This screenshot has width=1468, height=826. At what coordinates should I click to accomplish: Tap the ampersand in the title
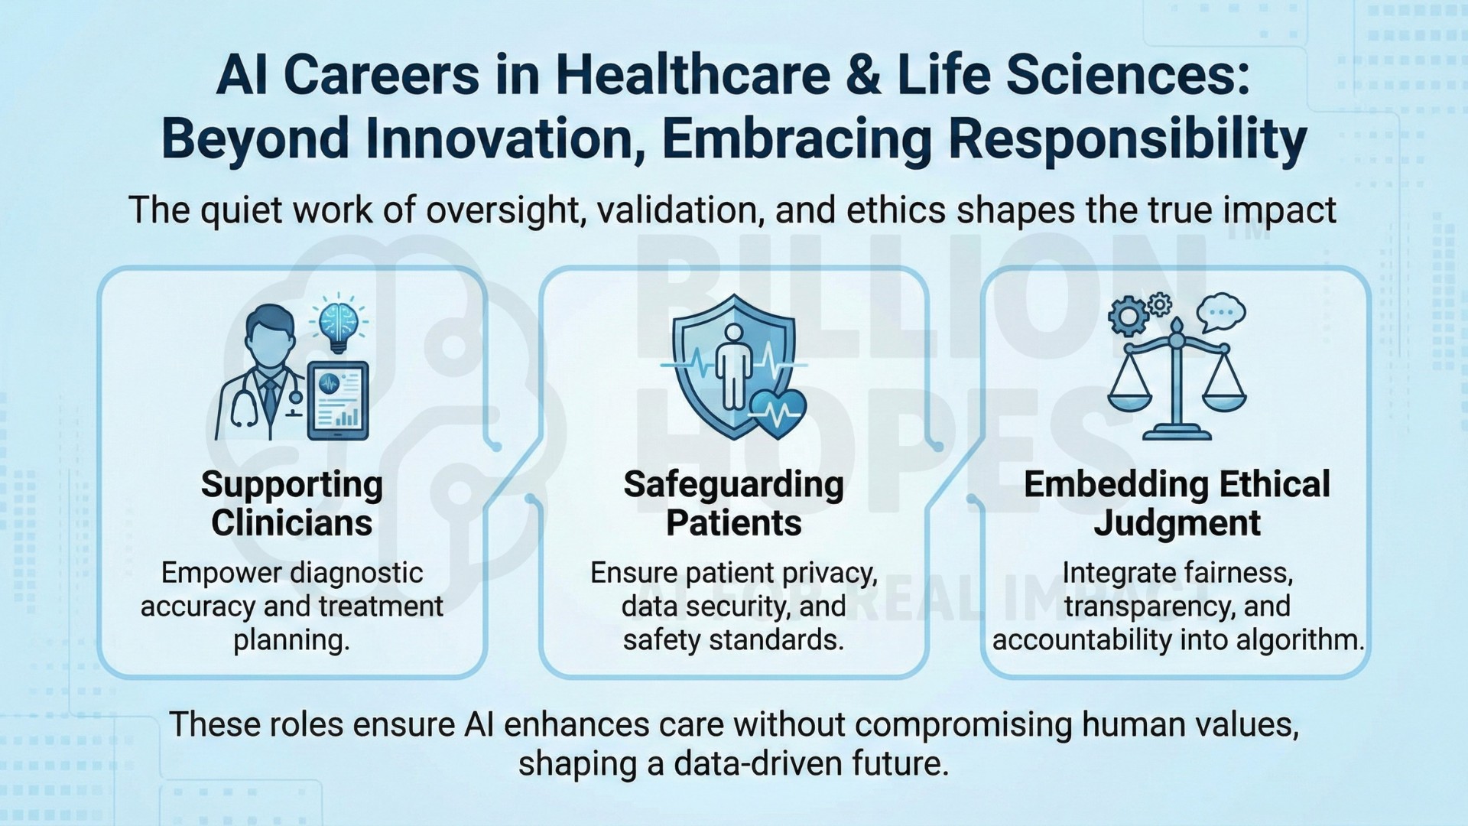[864, 76]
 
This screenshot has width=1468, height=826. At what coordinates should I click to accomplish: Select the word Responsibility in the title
[1127, 139]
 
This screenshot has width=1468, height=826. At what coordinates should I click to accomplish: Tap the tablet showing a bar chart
[338, 401]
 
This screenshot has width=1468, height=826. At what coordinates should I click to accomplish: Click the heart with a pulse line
[778, 414]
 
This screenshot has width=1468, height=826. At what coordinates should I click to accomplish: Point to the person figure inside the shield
[733, 365]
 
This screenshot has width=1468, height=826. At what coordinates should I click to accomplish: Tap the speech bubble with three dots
[1220, 311]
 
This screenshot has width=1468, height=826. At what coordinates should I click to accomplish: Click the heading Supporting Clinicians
[292, 504]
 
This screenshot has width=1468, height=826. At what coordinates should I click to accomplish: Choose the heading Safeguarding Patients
[734, 504]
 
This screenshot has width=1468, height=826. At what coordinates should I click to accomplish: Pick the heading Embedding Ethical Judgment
[1177, 504]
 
